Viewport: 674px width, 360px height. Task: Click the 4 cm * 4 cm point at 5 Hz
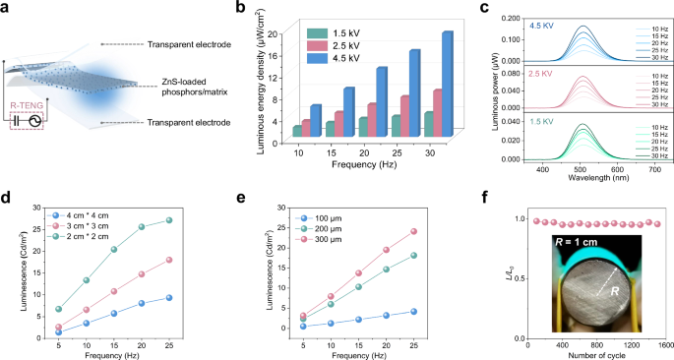click(x=59, y=331)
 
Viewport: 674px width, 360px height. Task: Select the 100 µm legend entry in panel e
click(x=326, y=212)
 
